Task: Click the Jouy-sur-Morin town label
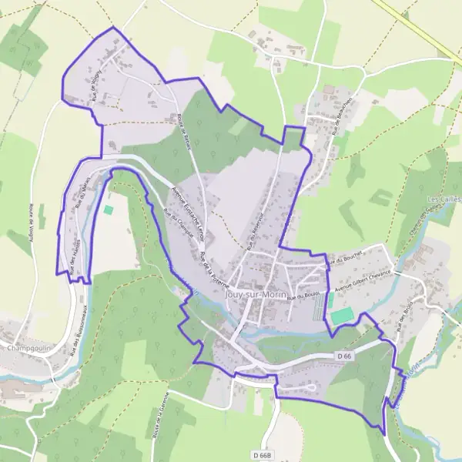(256, 293)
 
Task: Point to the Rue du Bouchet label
(344, 261)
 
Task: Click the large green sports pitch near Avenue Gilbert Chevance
(342, 316)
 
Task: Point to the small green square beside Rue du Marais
(108, 209)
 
